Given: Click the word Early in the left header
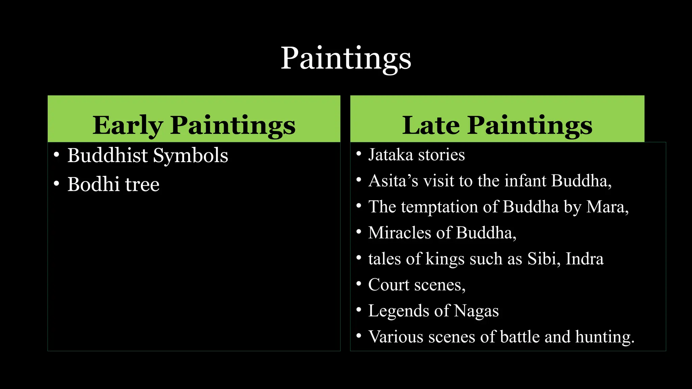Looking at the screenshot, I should click(128, 125).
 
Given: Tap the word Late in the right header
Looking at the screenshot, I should click(431, 125).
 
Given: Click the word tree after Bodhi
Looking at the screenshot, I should click(142, 185).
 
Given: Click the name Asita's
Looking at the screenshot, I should click(393, 181).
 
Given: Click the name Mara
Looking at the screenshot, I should click(607, 207).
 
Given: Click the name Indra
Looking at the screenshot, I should click(585, 259).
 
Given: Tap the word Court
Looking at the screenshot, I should click(389, 285).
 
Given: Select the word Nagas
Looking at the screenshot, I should click(476, 311).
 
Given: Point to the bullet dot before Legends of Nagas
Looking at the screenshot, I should click(359, 309).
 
